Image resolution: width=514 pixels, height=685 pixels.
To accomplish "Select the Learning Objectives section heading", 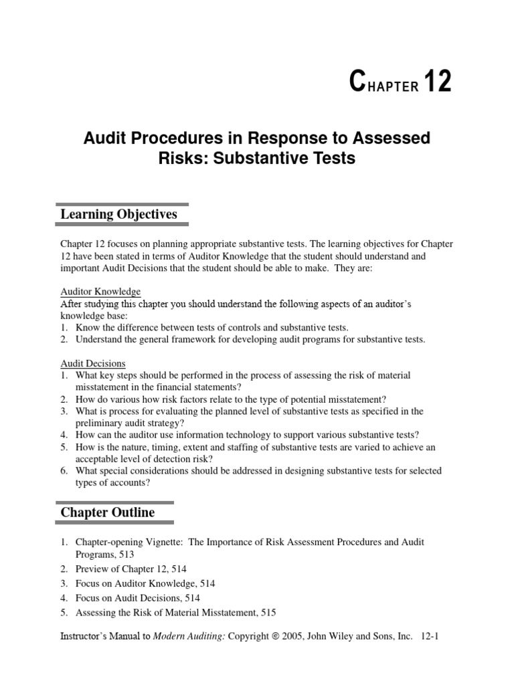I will tap(118, 214).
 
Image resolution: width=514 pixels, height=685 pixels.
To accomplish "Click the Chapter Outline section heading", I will tap(108, 512).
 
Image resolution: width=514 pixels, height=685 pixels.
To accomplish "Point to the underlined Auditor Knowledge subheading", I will tap(100, 292).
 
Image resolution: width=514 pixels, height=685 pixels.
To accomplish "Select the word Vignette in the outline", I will tap(163, 542).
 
